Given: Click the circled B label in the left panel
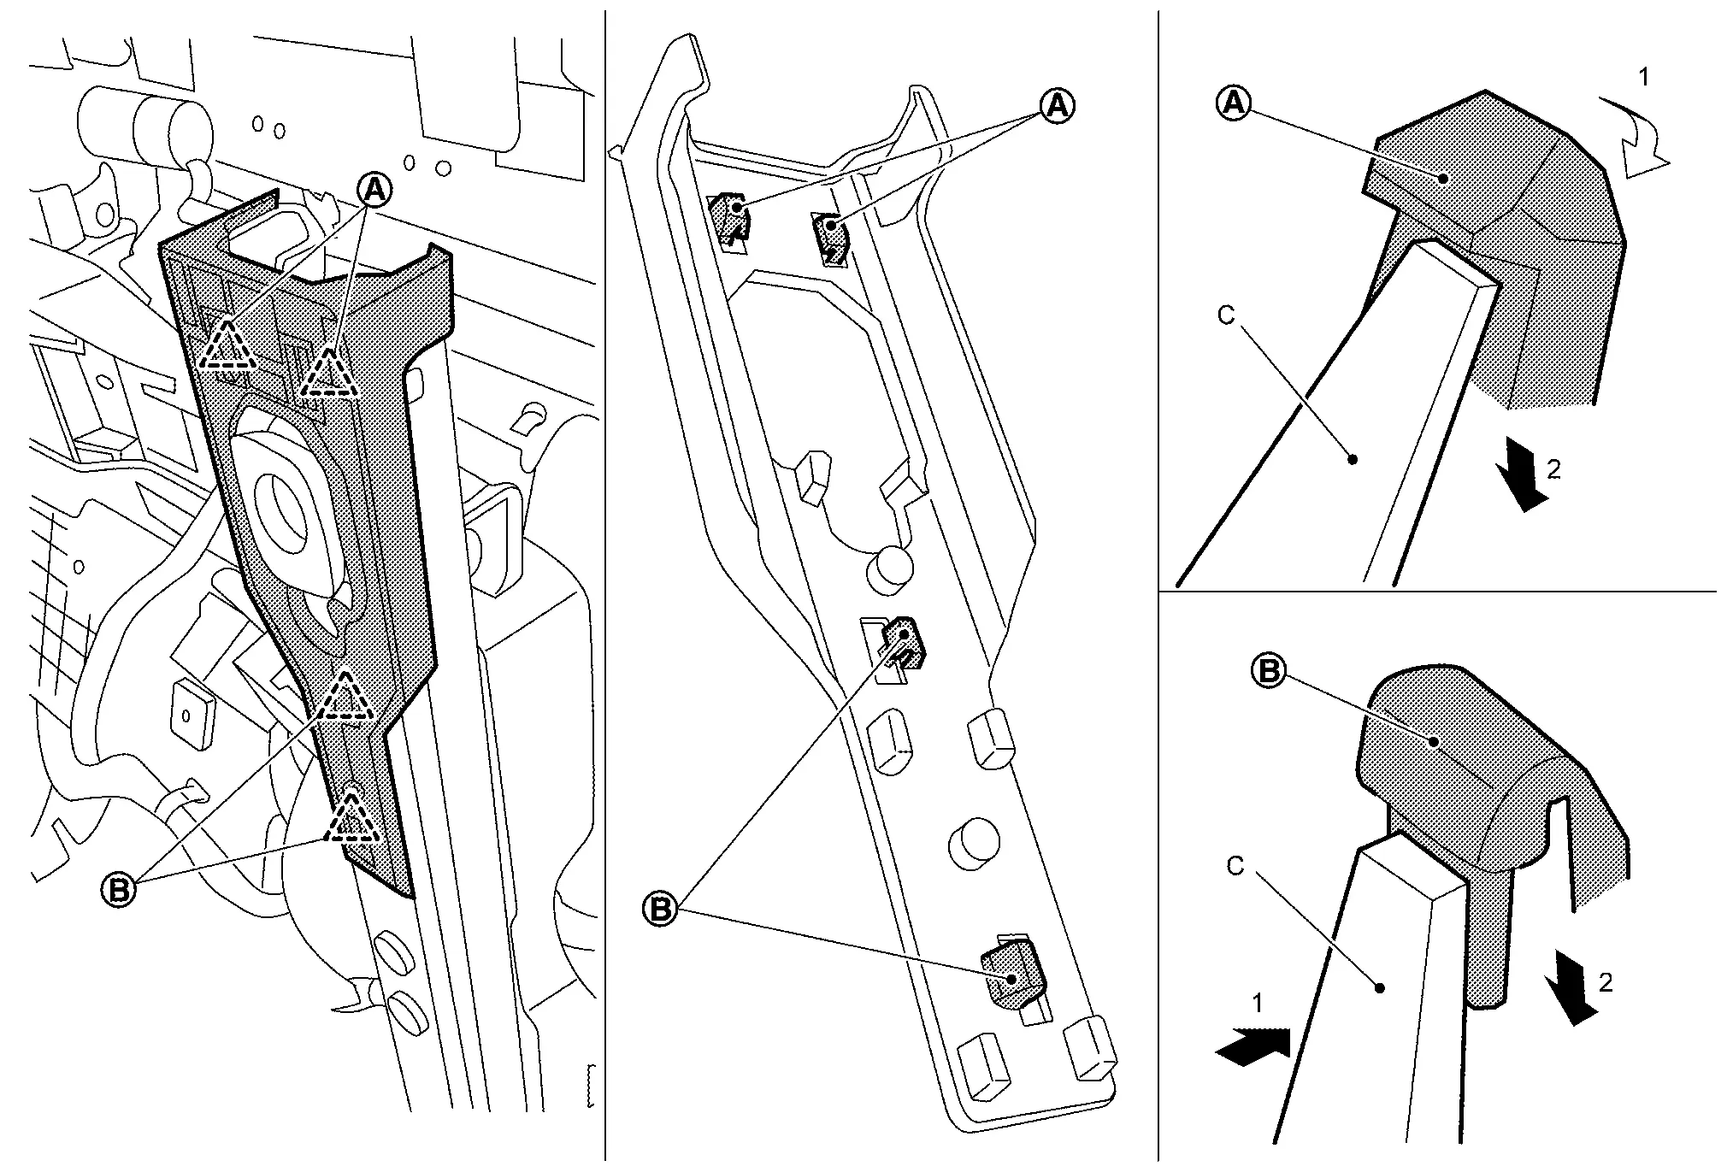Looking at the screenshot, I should pos(119,890).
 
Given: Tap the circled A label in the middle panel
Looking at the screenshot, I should pos(1057,106).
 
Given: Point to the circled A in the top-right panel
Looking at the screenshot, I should pos(1233,103).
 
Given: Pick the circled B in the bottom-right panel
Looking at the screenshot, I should pos(1269,671).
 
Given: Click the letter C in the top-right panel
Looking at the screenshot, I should pos(1226,315).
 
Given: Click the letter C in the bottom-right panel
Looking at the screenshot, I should pos(1235,866).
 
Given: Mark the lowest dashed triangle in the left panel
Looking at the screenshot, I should pos(350,818).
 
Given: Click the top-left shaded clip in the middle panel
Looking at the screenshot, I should pos(731,214).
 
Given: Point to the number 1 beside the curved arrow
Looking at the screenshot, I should pos(1642,77).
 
